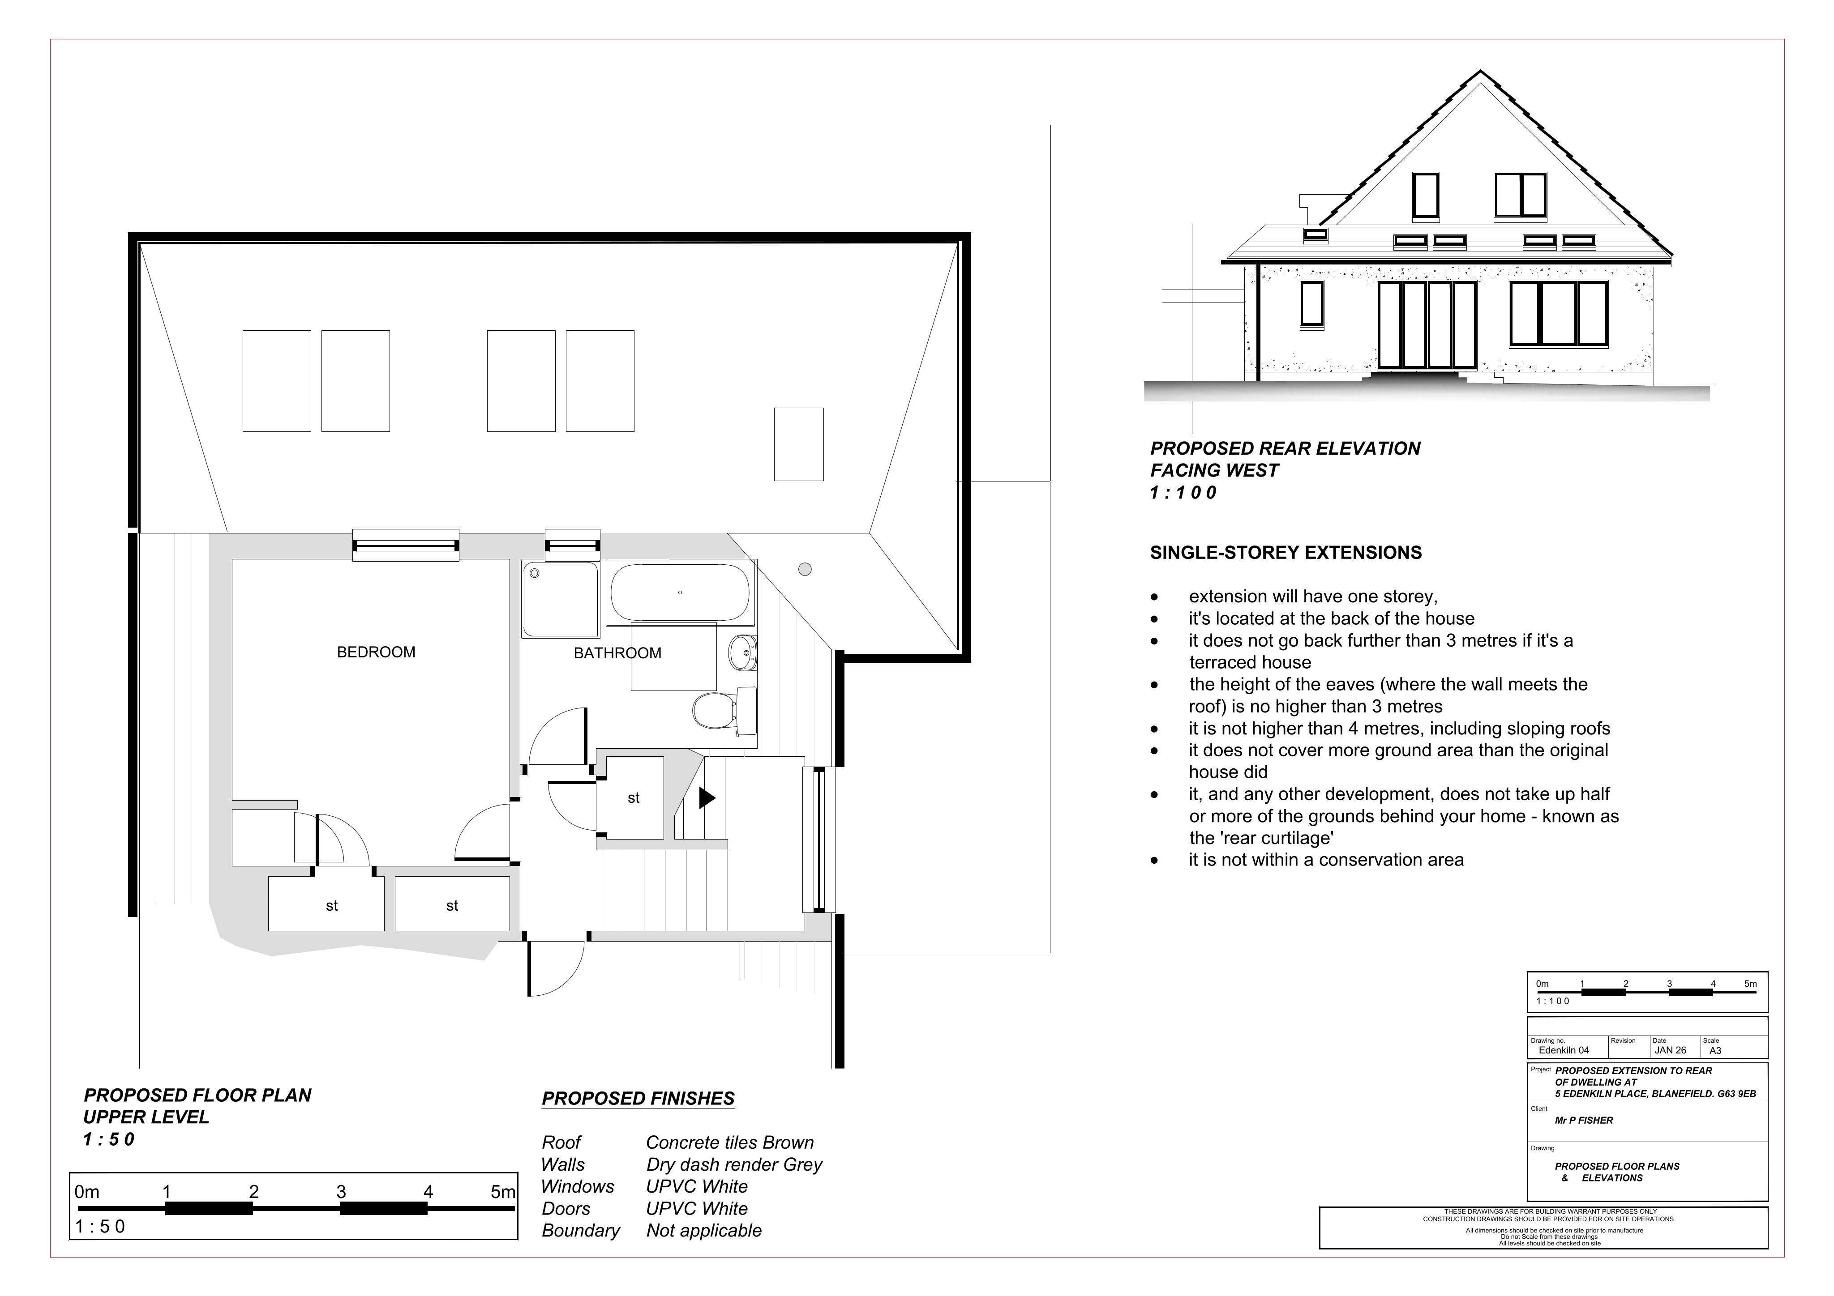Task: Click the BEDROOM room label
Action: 376,652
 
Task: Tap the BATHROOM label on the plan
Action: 617,653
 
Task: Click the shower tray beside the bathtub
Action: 561,599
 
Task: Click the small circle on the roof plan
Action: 805,569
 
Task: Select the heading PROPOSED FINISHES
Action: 638,1099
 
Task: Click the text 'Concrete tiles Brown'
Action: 730,1143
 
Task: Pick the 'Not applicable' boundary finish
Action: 704,1231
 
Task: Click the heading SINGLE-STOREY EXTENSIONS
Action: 1286,553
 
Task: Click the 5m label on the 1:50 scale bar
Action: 503,1192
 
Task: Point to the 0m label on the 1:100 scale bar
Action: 1543,984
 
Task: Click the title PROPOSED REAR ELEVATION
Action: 1285,449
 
